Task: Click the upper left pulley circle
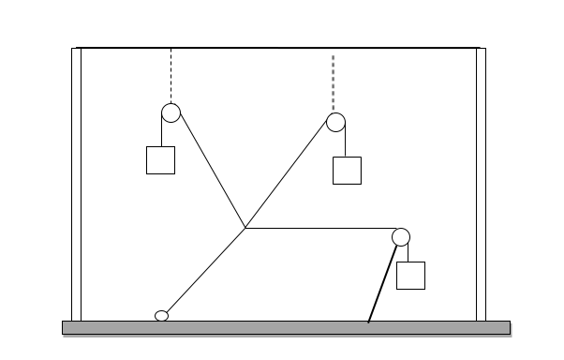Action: tap(171, 113)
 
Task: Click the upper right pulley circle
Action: tap(336, 122)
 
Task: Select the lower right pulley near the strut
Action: tap(401, 236)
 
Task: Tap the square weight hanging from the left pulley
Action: tap(161, 160)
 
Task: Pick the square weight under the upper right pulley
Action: tap(347, 171)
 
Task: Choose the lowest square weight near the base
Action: tap(410, 276)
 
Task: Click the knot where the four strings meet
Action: tap(245, 228)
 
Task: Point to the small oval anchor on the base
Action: tap(161, 315)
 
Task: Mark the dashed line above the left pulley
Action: tap(171, 75)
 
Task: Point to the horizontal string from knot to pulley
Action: tap(319, 228)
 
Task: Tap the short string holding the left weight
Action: tap(161, 133)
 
